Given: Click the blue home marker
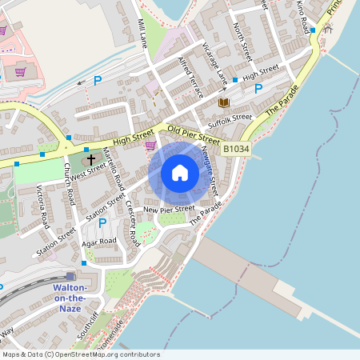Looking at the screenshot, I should pyautogui.click(x=180, y=173).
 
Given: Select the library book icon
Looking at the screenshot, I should pyautogui.click(x=223, y=102).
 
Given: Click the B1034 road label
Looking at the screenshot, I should pyautogui.click(x=236, y=149).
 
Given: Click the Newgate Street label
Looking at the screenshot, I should pyautogui.click(x=212, y=163).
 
